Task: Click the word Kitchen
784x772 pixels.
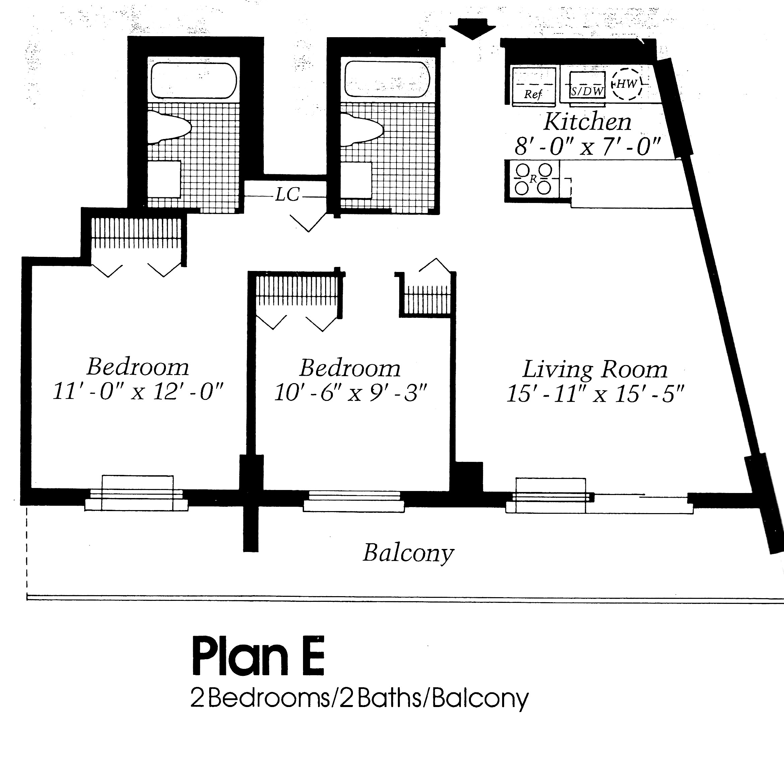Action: (587, 121)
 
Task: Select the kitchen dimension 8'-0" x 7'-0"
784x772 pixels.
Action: (588, 146)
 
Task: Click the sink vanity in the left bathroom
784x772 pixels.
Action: (164, 179)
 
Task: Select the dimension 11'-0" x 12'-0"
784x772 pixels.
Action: (138, 392)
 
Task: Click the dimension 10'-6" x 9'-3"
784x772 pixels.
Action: (351, 393)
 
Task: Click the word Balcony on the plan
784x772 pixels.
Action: (408, 553)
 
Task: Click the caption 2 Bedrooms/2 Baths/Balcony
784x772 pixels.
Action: (359, 698)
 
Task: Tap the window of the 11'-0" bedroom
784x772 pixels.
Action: (137, 493)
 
